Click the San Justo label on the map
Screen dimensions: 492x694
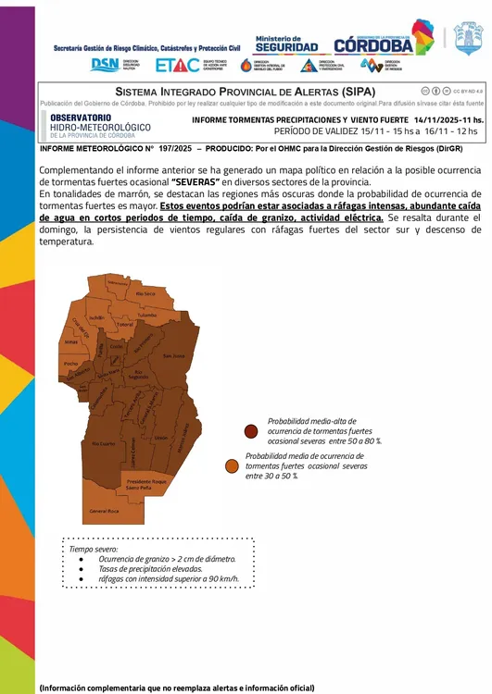click(x=173, y=355)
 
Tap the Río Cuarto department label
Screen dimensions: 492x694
click(x=103, y=444)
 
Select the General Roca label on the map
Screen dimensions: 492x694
click(x=105, y=511)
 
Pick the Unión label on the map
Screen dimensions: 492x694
click(x=160, y=437)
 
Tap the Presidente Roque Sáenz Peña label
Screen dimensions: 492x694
click(x=146, y=484)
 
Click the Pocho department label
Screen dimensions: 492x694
click(x=70, y=364)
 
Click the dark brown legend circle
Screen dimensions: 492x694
click(x=251, y=431)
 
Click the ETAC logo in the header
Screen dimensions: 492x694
click(x=178, y=65)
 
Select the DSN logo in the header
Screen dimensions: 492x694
click(x=106, y=65)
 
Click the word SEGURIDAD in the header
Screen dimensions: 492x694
click(x=286, y=46)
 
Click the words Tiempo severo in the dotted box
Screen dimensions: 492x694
click(x=94, y=549)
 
